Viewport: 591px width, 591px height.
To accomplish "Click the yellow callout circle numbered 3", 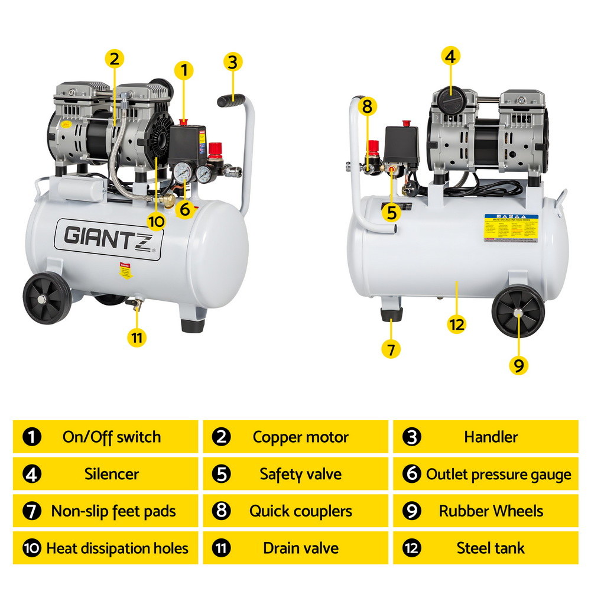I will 233,62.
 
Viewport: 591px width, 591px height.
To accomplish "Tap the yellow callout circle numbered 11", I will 137,337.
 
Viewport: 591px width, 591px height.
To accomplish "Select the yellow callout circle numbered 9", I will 518,365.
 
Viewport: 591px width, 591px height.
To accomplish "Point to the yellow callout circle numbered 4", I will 450,57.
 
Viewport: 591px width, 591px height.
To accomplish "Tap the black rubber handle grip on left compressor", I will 231,100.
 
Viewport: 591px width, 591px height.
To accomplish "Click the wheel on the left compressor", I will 47,299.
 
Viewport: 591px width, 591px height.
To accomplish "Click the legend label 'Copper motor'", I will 300,437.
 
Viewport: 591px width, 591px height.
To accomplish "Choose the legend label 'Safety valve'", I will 300,474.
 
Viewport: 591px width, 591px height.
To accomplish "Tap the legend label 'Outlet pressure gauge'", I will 498,474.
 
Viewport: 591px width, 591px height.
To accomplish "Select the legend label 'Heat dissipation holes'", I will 117,548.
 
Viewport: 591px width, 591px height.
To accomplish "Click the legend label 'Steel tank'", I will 490,548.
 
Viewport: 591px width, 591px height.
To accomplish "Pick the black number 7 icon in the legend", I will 32,511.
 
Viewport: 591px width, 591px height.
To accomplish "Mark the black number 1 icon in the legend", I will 32,437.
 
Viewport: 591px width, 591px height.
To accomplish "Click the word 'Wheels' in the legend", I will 515,511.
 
